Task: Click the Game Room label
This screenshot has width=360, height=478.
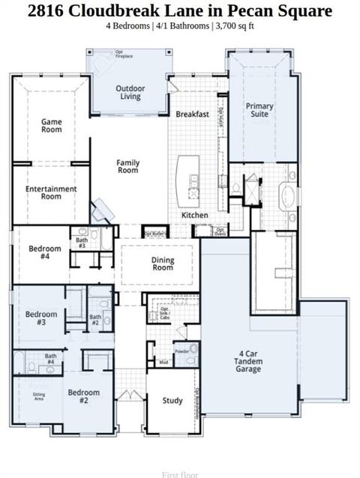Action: (x=52, y=126)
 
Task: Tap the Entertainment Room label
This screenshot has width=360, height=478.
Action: (x=51, y=193)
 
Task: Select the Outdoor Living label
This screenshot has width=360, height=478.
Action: (x=130, y=91)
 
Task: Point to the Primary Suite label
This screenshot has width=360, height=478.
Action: (x=259, y=110)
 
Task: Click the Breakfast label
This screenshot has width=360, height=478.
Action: (x=192, y=115)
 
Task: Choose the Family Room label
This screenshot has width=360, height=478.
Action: (x=128, y=166)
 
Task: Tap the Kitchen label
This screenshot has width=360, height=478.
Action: (x=194, y=215)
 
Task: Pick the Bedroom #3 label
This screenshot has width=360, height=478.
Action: (x=41, y=318)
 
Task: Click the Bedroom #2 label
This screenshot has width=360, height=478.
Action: (x=83, y=396)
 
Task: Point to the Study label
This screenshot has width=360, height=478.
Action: (x=172, y=401)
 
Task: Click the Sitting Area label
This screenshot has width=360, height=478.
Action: (x=38, y=397)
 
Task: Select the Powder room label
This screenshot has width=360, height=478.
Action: (x=181, y=351)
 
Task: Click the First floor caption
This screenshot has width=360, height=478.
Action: (x=179, y=474)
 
